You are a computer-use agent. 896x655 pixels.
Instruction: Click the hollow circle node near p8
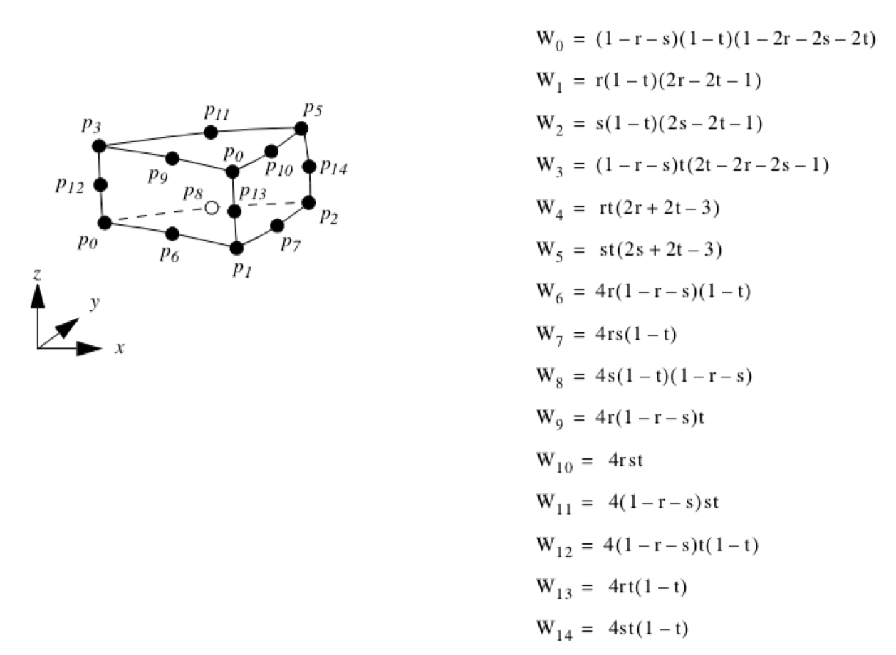point(211,208)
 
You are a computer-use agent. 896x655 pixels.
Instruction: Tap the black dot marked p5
point(301,128)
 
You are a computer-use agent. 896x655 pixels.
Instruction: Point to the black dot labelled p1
point(236,248)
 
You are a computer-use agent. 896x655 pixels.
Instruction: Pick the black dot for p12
point(100,185)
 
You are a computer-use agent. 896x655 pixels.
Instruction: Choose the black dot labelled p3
point(99,145)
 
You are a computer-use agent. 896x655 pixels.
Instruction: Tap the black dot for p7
point(277,226)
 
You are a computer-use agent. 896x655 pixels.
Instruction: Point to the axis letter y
point(93,303)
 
